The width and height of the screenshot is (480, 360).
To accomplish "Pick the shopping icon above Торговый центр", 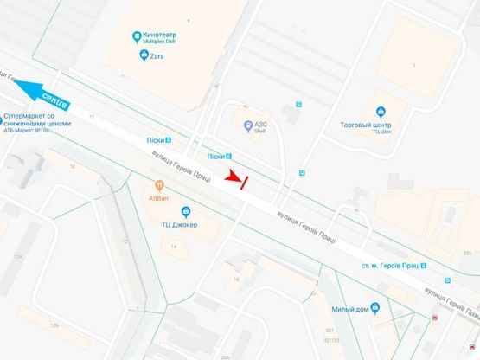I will (x=380, y=111).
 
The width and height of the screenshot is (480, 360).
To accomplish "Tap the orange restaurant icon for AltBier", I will (x=159, y=184).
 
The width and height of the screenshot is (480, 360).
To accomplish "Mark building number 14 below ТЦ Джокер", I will (x=174, y=247).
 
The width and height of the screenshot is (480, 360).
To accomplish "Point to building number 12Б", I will (x=54, y=325).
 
